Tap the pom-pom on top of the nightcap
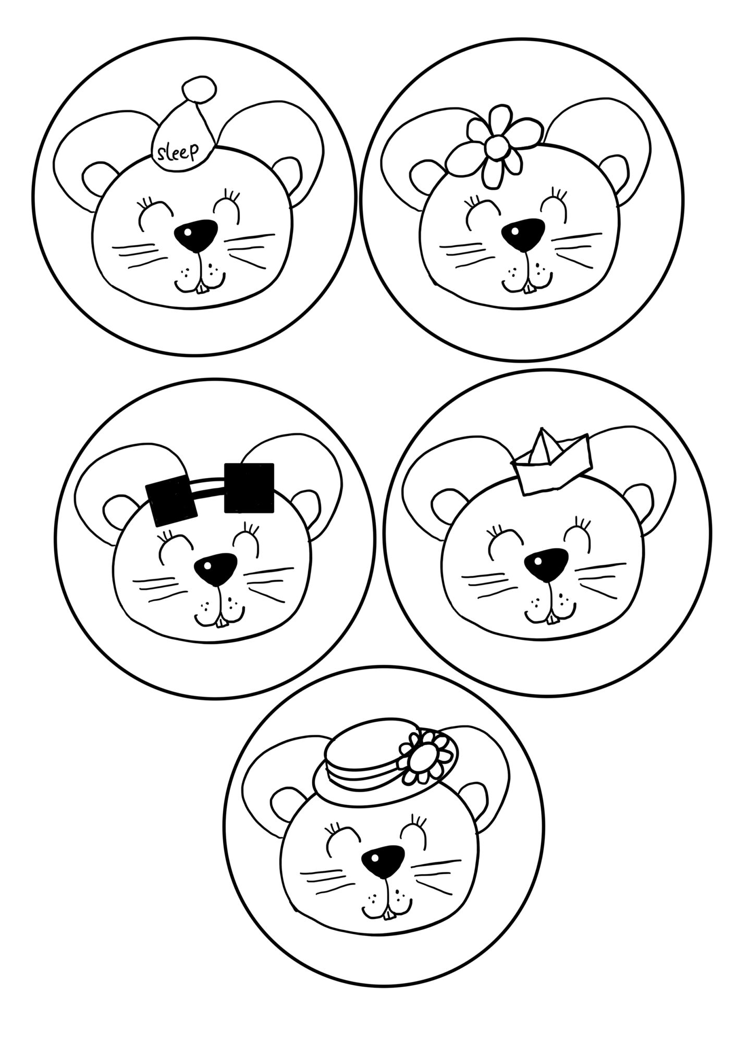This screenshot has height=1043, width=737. [x=199, y=89]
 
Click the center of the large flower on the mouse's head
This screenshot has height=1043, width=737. [x=496, y=148]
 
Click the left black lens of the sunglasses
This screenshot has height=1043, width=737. [x=172, y=502]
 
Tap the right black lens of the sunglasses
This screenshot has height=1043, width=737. [x=249, y=488]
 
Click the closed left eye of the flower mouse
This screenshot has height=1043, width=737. [x=480, y=214]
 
